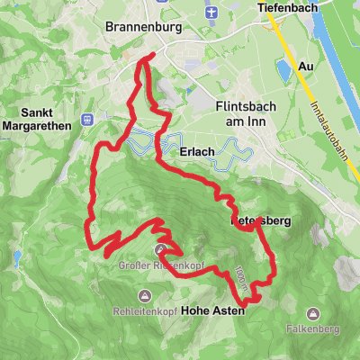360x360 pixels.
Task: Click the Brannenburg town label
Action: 143,28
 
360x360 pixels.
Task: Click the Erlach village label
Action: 196,151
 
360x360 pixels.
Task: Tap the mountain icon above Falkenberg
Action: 313,314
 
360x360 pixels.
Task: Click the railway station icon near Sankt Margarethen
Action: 87,118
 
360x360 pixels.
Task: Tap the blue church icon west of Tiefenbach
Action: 211,12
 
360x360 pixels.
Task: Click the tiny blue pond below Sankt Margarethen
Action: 17,257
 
